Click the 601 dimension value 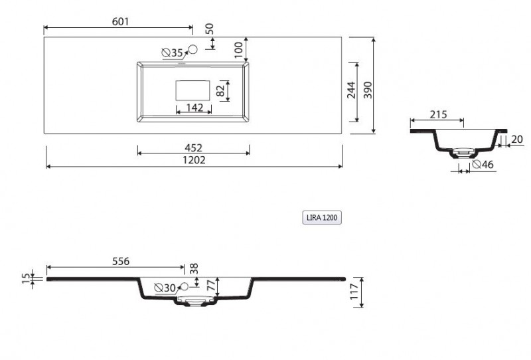point(119,21)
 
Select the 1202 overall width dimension point(194,160)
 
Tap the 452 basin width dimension point(193,147)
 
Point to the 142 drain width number point(194,108)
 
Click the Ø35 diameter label point(173,52)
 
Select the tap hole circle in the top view point(194,48)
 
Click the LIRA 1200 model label point(321,217)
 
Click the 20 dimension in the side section point(518,139)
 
